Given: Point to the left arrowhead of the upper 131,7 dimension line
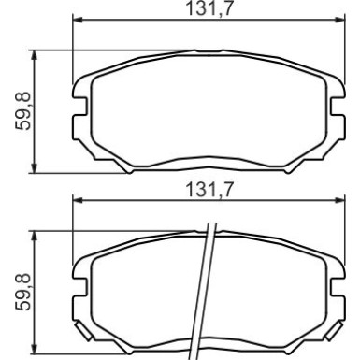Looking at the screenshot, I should point(78,20).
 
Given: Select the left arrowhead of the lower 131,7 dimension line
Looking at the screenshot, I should point(78,199).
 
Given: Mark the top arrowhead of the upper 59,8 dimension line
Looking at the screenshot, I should point(36,54).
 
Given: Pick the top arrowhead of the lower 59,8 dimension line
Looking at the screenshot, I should point(36,234).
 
